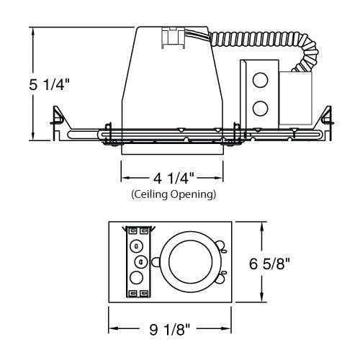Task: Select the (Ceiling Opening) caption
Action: [172, 194]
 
